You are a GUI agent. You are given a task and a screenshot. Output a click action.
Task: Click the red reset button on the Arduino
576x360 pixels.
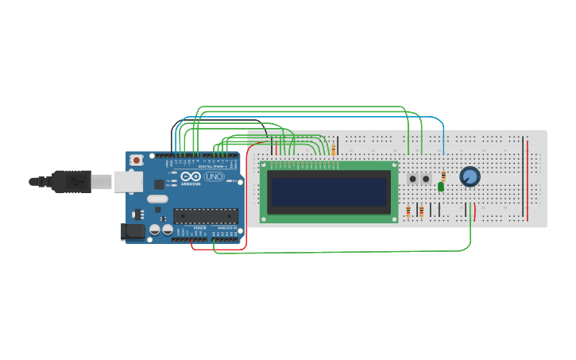137,160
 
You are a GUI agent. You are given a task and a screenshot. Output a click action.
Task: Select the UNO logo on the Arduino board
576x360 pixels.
214,176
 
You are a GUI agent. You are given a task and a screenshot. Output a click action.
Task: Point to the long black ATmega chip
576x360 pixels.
206,215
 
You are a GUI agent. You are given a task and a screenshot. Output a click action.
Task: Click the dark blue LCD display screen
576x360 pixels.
329,192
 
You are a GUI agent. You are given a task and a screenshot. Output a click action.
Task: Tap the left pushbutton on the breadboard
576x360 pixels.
413,180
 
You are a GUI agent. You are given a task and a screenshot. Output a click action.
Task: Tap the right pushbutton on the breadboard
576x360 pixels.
426,180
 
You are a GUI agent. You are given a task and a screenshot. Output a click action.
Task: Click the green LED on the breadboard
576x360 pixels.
441,187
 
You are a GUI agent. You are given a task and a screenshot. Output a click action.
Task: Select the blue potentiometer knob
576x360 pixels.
470,176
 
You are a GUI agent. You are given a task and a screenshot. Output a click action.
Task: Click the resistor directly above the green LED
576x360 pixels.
443,176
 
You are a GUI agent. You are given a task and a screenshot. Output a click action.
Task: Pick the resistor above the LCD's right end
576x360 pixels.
334,149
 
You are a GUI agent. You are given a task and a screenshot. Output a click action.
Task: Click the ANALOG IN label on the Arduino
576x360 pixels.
226,228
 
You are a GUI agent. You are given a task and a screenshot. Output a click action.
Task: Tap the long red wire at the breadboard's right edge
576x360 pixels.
527,179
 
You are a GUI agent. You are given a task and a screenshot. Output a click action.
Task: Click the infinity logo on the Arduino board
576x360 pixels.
191,176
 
